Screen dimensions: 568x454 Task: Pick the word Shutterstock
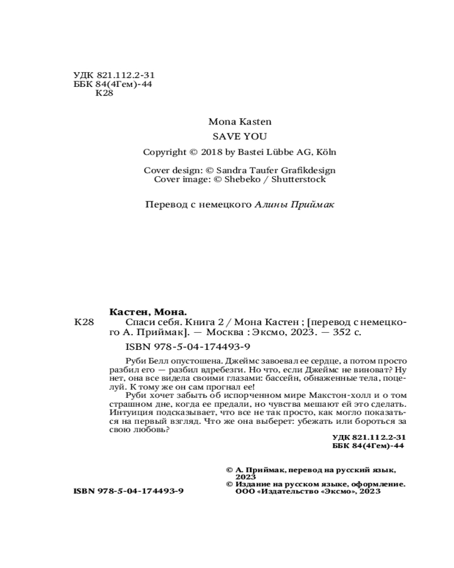pos(299,179)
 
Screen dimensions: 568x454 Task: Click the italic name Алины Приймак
pos(294,205)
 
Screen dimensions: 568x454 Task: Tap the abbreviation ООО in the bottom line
pos(245,491)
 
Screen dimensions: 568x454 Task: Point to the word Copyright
pos(164,152)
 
